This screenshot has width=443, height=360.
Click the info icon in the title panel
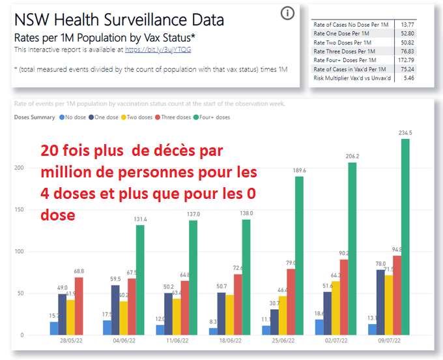click(288, 13)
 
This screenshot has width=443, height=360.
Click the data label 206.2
click(353, 157)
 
